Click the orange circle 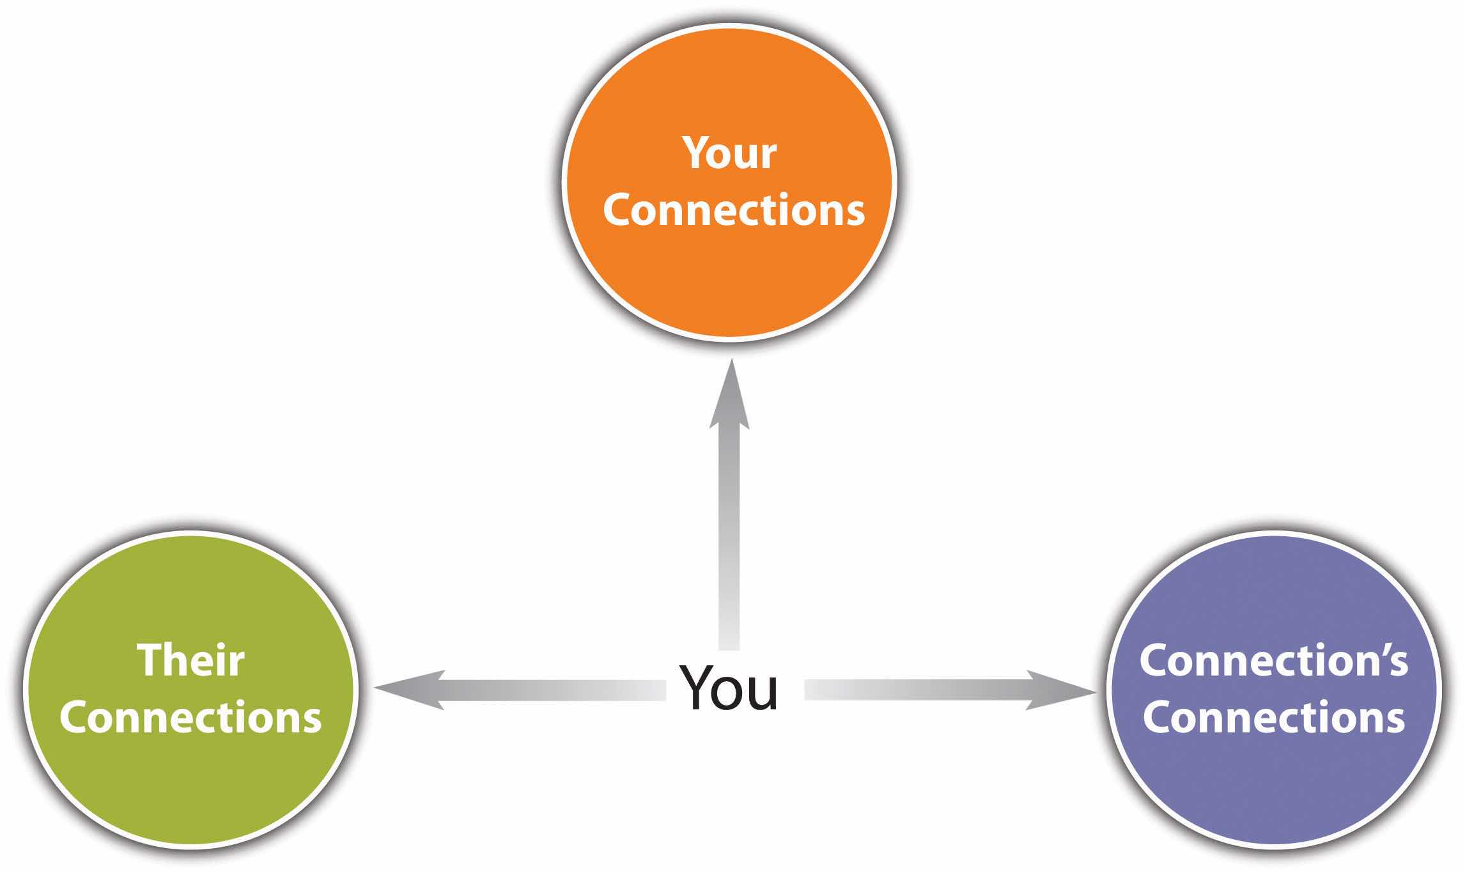pyautogui.click(x=729, y=281)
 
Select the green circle pyautogui.click(x=190, y=786)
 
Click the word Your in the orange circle pyautogui.click(x=729, y=153)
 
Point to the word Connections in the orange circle pyautogui.click(x=733, y=210)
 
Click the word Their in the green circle pyautogui.click(x=190, y=660)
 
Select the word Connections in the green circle pyautogui.click(x=190, y=717)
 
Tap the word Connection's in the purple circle pyautogui.click(x=1273, y=660)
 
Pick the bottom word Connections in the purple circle pyautogui.click(x=1273, y=717)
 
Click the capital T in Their pyautogui.click(x=150, y=660)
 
